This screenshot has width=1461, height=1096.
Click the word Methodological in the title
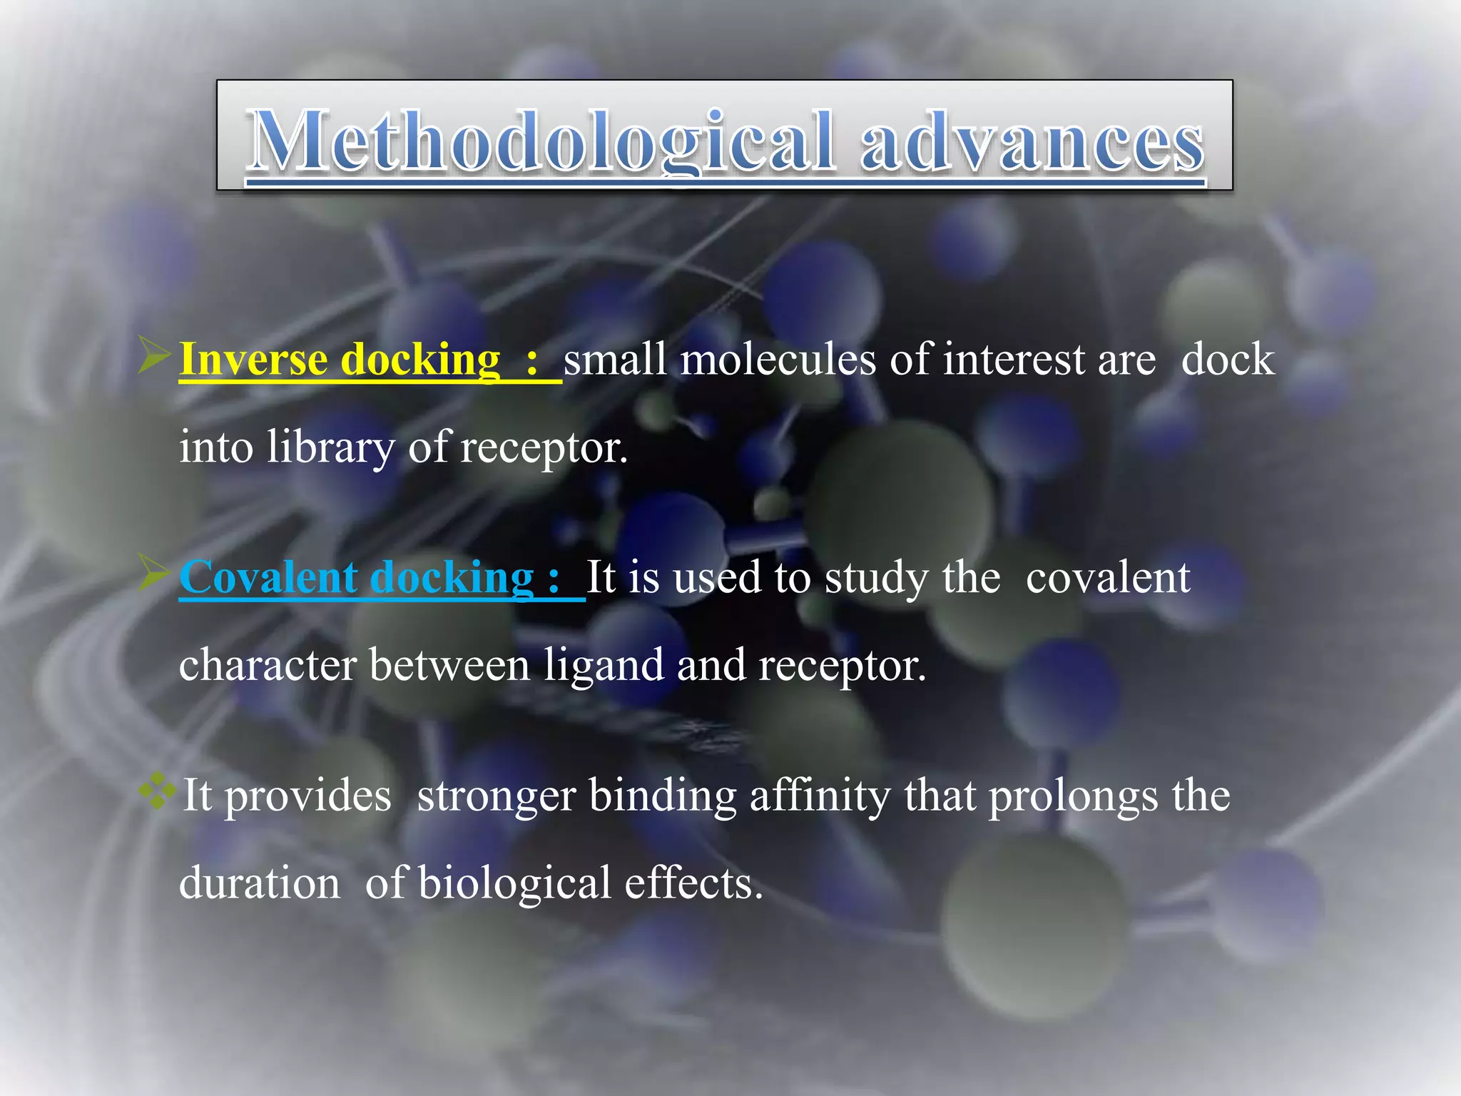[x=540, y=141]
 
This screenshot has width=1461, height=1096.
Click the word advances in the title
[x=1032, y=141]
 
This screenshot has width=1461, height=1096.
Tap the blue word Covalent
[x=268, y=577]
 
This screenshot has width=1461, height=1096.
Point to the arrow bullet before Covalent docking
[x=154, y=573]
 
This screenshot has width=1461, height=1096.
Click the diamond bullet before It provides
[x=158, y=791]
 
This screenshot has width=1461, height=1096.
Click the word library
[x=330, y=448]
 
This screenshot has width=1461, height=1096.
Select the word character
[x=268, y=666]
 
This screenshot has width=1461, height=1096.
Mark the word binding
[x=663, y=796]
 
